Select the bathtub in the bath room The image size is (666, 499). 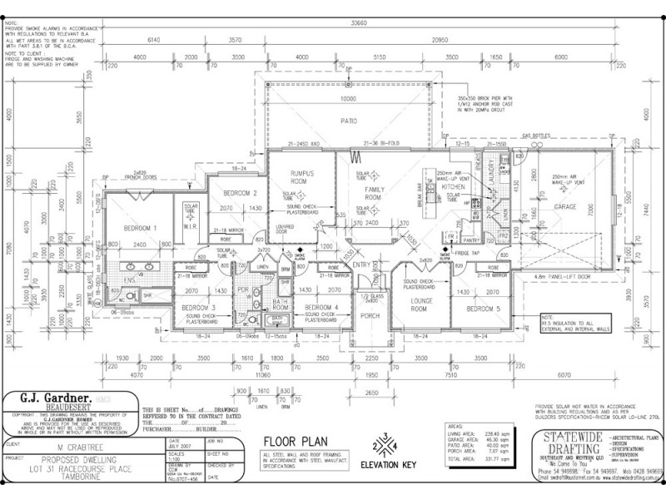tap(278, 319)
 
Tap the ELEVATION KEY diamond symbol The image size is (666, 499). tap(385, 446)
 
